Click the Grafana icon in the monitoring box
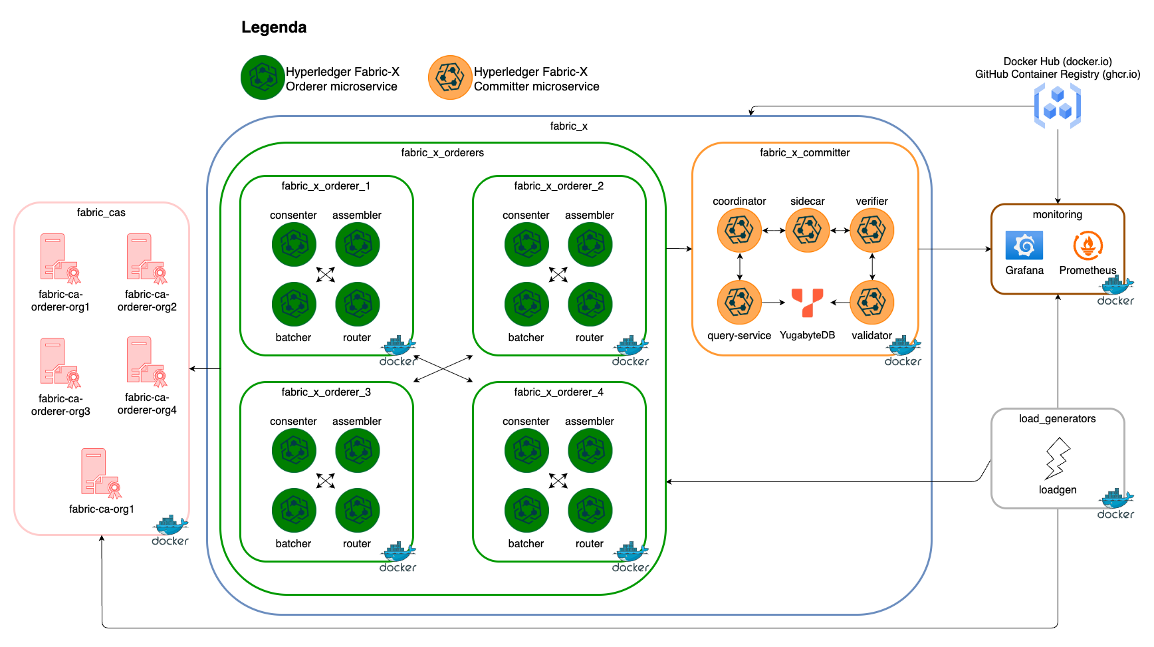tap(1024, 245)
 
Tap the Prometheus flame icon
tap(1088, 245)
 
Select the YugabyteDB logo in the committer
tap(807, 303)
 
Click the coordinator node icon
tap(739, 231)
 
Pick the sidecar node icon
tap(807, 231)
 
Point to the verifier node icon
tap(871, 231)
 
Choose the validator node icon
tap(871, 303)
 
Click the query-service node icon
tap(739, 303)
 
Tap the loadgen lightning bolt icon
tap(1057, 458)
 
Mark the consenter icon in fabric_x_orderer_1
tap(294, 244)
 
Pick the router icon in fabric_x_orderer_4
tap(590, 510)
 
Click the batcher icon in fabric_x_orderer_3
tap(294, 510)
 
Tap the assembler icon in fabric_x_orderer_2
tap(590, 244)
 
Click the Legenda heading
tap(274, 27)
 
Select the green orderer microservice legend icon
tap(263, 78)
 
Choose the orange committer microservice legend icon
tap(450, 78)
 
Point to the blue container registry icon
tap(1057, 106)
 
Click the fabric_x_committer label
tap(804, 153)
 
